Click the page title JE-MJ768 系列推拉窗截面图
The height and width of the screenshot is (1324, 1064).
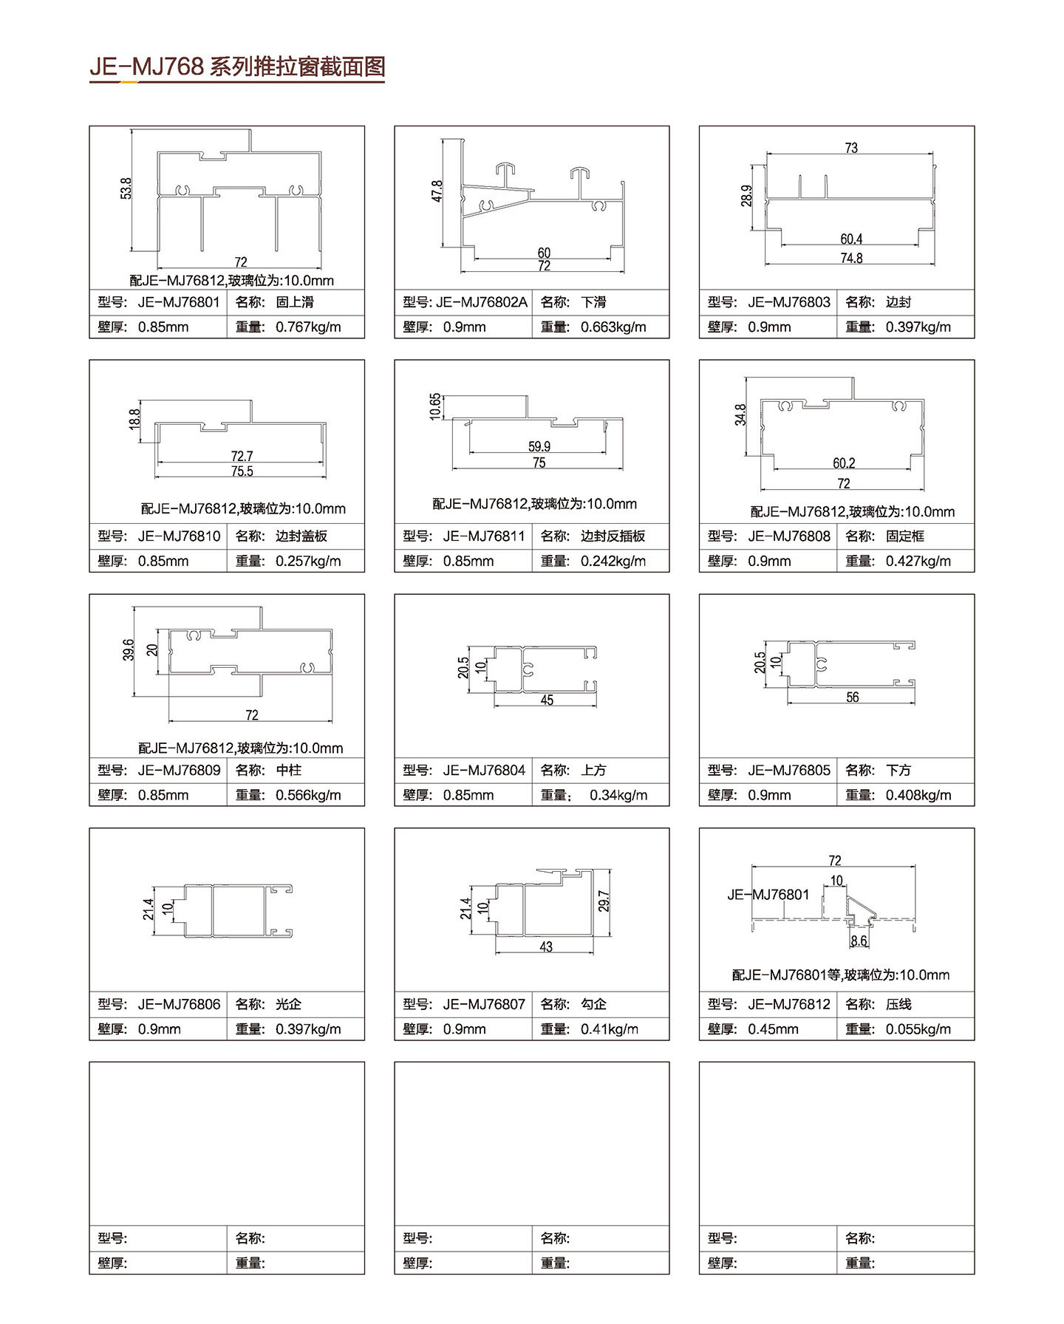click(237, 66)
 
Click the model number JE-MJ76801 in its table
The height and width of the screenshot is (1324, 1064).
click(179, 301)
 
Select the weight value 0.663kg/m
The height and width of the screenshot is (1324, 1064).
click(613, 327)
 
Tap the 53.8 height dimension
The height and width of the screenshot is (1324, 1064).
click(126, 188)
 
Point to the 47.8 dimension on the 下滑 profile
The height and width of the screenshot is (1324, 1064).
click(437, 191)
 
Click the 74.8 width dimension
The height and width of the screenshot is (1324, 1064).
click(851, 258)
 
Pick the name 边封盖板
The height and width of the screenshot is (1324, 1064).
click(301, 536)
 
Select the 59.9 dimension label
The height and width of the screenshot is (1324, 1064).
click(539, 446)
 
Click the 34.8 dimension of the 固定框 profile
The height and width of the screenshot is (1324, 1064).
click(740, 414)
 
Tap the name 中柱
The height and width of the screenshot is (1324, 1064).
click(289, 770)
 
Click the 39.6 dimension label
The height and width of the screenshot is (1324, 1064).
click(129, 650)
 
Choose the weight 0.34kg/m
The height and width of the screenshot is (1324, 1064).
click(618, 795)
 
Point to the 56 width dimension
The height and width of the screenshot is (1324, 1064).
click(853, 697)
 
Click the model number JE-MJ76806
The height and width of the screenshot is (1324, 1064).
click(179, 1004)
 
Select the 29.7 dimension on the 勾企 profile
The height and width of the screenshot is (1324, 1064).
click(604, 901)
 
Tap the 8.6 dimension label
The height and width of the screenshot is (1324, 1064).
click(859, 941)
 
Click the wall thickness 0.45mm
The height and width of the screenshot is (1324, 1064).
click(773, 1029)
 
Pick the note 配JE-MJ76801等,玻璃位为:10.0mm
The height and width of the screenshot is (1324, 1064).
click(841, 975)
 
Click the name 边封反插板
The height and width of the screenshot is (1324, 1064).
click(613, 536)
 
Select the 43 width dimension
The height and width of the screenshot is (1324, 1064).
click(546, 946)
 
